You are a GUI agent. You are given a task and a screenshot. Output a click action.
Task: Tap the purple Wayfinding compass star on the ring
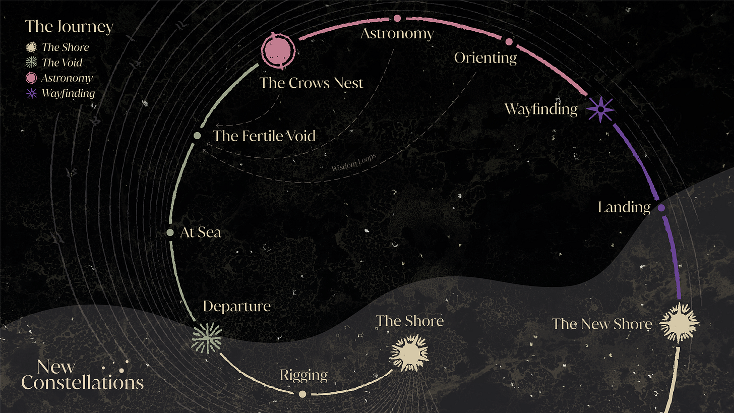[x=601, y=109]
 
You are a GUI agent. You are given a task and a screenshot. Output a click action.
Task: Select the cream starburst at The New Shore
[x=679, y=322]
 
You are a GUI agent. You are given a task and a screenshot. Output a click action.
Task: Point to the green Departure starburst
[x=207, y=338]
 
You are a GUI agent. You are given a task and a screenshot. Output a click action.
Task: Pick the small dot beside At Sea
[x=170, y=233]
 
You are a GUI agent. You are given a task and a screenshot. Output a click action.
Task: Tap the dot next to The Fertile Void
[x=198, y=136]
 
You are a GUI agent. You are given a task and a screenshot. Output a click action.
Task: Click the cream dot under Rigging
[x=302, y=394]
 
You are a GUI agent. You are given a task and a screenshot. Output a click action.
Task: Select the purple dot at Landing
[x=661, y=208]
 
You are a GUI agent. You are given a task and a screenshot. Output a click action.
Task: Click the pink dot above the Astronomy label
[x=397, y=18]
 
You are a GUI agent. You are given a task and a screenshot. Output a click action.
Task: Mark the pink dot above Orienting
[x=509, y=42]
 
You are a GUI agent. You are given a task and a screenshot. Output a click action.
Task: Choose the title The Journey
[x=69, y=26]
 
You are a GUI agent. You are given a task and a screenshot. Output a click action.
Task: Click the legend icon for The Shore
[x=32, y=47]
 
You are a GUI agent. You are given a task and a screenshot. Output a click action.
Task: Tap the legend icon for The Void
[x=32, y=63]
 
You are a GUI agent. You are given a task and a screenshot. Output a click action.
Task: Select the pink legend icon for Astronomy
[x=32, y=78]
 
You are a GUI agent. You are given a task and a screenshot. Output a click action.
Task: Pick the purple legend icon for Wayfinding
[x=32, y=93]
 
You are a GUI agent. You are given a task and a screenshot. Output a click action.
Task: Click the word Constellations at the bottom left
[x=83, y=383]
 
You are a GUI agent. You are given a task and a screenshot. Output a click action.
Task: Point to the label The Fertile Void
[x=264, y=136]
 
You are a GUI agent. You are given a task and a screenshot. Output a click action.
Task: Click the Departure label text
[x=236, y=306]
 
